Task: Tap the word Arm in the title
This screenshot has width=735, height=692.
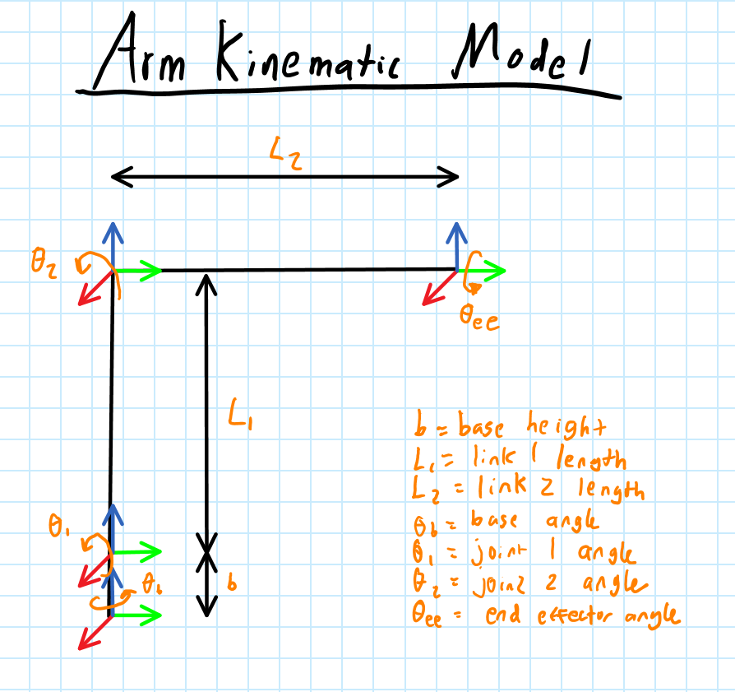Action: [x=143, y=53]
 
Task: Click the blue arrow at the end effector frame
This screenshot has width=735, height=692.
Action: [x=455, y=244]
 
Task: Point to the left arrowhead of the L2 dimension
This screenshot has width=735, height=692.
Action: [x=120, y=175]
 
